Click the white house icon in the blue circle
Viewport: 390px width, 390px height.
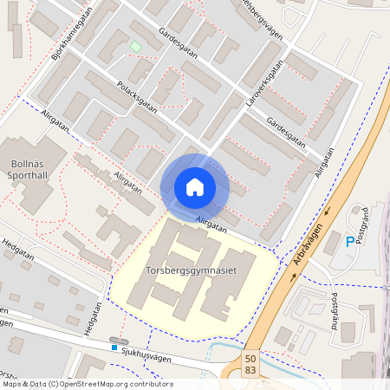[195, 187]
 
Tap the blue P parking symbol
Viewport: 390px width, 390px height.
[350, 242]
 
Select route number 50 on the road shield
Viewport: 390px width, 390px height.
[250, 357]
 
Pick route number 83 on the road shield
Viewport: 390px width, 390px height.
[250, 369]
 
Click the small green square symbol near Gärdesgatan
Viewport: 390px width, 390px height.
[134, 46]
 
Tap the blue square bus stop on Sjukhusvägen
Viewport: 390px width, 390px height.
[114, 348]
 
